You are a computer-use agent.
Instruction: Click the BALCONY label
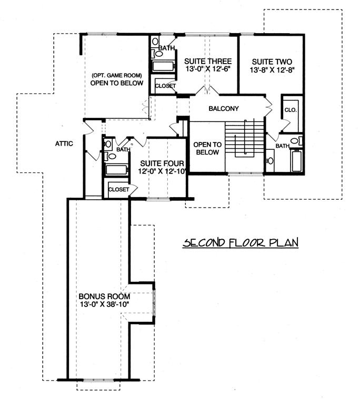[224, 109]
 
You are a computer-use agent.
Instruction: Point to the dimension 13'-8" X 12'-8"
[272, 69]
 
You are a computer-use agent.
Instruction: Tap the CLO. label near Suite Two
[291, 110]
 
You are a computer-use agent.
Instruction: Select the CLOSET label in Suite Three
[165, 86]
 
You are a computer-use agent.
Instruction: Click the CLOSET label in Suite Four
[119, 189]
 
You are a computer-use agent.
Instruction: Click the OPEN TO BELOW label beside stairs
[206, 148]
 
